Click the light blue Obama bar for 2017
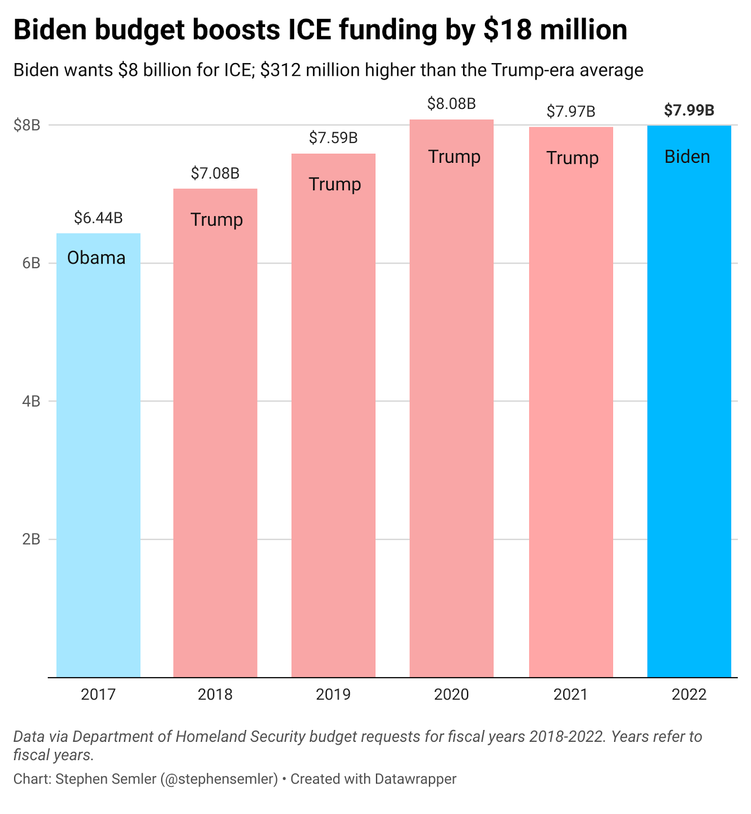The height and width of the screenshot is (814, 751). (x=98, y=458)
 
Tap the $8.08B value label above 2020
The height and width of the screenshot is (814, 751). (x=451, y=104)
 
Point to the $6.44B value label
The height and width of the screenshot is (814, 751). (x=98, y=218)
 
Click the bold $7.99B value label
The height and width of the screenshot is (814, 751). (x=689, y=110)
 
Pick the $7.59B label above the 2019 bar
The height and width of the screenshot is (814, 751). (x=333, y=137)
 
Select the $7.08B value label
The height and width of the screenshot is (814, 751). (x=215, y=173)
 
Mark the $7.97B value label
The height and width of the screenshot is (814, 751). (x=571, y=111)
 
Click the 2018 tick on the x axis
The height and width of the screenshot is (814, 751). (x=215, y=694)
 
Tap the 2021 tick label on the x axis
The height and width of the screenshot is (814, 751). (x=571, y=694)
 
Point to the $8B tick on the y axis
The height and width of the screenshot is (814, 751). (x=27, y=125)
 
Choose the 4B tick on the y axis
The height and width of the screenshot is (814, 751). (x=31, y=401)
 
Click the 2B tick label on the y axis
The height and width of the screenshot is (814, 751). (x=31, y=539)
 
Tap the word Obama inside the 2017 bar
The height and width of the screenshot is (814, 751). (x=96, y=258)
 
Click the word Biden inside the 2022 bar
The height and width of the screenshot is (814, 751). (x=687, y=157)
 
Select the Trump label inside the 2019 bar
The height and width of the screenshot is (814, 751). (x=335, y=184)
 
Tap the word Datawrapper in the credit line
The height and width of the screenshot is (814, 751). (x=415, y=779)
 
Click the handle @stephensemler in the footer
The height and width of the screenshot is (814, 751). (x=219, y=779)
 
